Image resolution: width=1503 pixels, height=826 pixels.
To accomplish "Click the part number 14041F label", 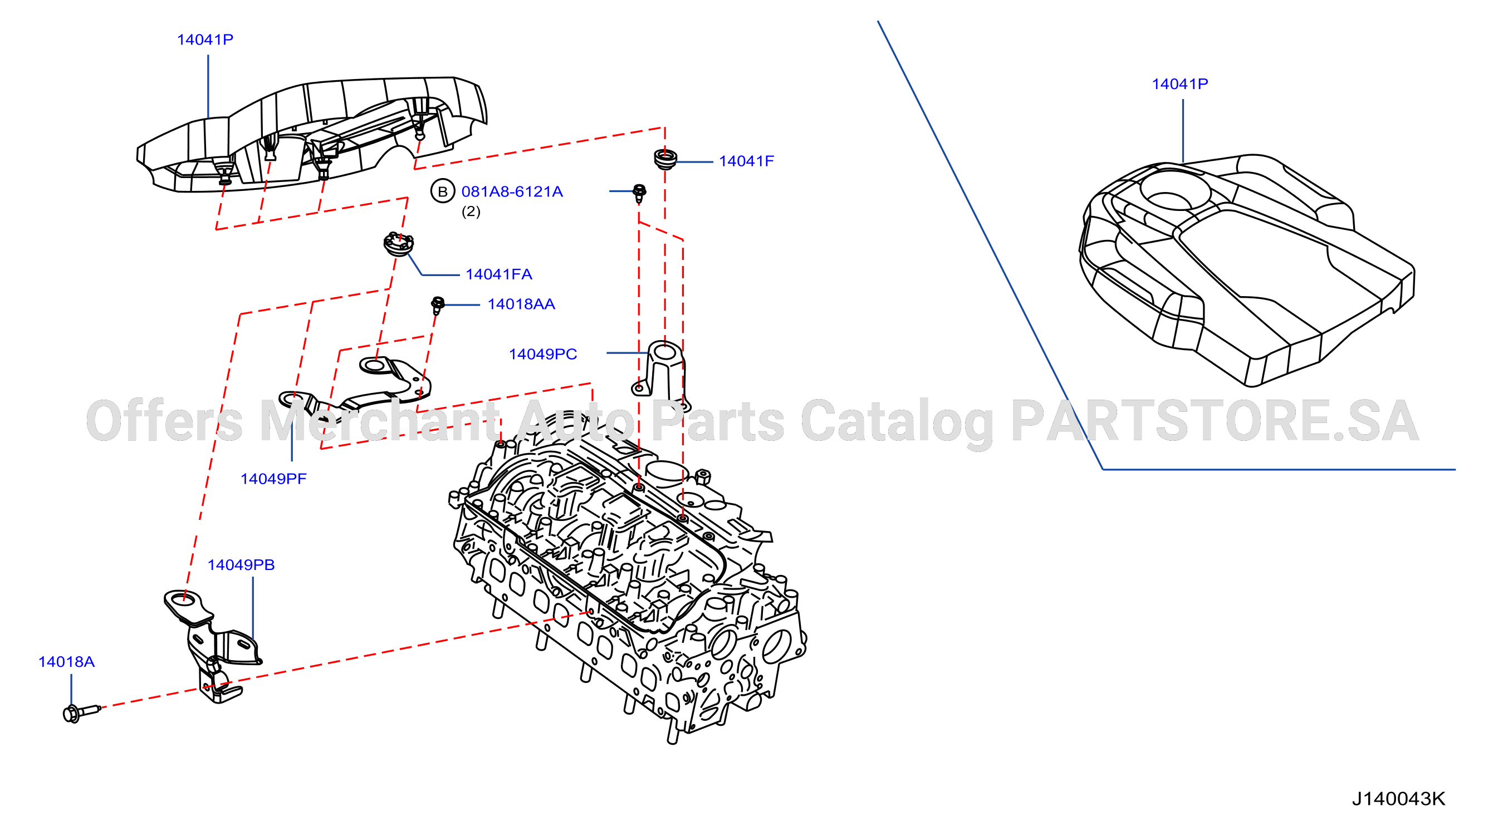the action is tap(746, 161).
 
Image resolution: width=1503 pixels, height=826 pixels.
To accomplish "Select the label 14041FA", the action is tap(499, 274).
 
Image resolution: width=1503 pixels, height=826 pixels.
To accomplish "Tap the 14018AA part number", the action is tap(521, 304).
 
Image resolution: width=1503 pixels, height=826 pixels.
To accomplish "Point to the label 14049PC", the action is tap(542, 354).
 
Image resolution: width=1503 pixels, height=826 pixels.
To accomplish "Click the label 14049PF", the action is tap(273, 479).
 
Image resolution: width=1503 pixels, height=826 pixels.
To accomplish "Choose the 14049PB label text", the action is tap(241, 564).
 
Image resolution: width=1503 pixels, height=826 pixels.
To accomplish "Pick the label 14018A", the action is tap(66, 661).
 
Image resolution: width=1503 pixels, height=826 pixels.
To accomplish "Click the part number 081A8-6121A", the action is tap(512, 192).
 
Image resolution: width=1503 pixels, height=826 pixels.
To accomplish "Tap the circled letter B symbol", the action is tap(443, 191).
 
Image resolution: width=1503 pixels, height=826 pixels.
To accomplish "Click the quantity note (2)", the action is tap(471, 211).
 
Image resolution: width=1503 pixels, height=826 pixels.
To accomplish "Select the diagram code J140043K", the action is tap(1398, 799).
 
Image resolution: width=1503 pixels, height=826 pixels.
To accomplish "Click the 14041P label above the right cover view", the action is tap(1180, 84).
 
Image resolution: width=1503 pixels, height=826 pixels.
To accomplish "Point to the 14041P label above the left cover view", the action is tap(205, 40).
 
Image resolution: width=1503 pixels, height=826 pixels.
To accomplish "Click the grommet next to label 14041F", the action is tap(665, 159).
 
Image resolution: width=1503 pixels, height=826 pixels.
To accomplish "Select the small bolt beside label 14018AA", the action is tap(438, 304).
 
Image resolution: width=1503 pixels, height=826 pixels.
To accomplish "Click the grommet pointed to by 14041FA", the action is tap(399, 244).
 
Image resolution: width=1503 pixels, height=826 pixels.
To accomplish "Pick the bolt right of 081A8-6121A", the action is tap(639, 193).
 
